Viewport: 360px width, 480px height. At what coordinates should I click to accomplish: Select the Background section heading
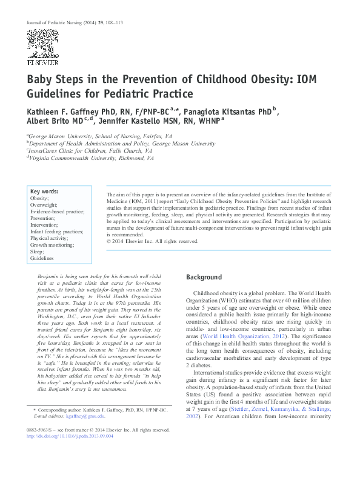[x=204, y=277]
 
